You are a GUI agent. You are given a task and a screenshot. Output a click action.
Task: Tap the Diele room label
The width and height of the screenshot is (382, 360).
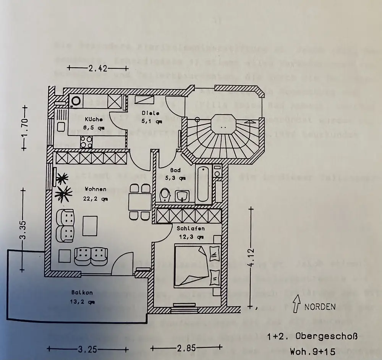pyautogui.click(x=148, y=113)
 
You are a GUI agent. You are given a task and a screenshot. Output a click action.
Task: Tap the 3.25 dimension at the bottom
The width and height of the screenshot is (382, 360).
pyautogui.click(x=85, y=349)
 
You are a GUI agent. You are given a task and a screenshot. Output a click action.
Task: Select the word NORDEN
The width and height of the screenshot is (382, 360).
pyautogui.click(x=320, y=306)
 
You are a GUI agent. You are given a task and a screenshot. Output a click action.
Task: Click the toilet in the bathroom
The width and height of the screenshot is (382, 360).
pyautogui.click(x=165, y=195)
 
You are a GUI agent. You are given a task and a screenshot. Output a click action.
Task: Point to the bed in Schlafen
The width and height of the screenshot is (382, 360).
pyautogui.click(x=197, y=266)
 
